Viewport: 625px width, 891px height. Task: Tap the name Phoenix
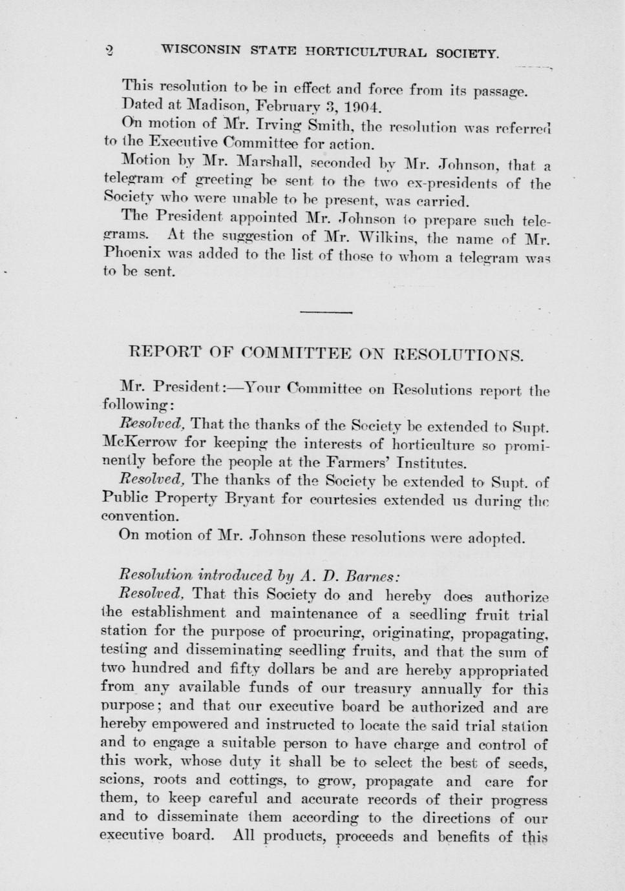[136, 254]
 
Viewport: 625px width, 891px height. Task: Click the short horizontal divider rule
[326, 312]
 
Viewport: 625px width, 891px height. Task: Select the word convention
[139, 517]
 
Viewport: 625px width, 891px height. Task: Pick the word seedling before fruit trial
[407, 615]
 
